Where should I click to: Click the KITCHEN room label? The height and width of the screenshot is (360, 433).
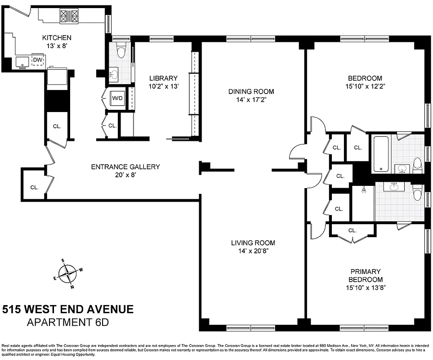click(57, 38)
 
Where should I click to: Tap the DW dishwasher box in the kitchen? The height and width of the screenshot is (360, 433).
click(38, 60)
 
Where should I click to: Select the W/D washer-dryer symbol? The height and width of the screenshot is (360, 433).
click(117, 98)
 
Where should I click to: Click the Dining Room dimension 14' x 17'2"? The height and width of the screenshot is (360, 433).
click(251, 100)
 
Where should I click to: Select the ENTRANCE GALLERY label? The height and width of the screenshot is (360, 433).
click(125, 167)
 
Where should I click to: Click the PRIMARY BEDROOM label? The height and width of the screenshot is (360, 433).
click(366, 275)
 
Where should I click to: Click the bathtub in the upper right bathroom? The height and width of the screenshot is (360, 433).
click(380, 153)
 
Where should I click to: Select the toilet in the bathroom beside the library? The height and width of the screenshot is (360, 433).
click(120, 50)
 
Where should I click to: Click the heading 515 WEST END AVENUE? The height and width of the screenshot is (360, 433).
click(68, 310)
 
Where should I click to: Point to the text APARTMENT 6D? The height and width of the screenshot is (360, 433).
click(68, 323)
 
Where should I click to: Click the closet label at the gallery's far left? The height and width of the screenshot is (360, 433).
click(35, 187)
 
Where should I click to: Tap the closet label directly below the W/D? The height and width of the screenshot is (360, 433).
click(112, 126)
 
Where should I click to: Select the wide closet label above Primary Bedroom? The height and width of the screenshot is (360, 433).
click(352, 230)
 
